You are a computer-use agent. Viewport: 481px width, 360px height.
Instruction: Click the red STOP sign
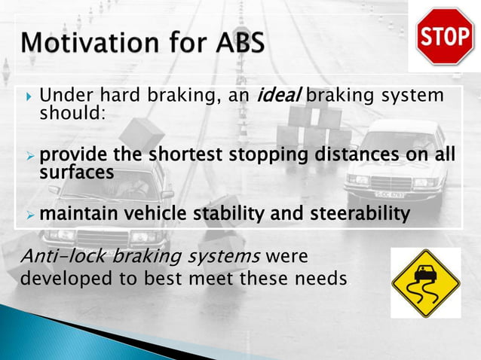(x=446, y=36)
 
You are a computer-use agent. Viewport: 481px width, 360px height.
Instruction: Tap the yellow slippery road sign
(x=425, y=283)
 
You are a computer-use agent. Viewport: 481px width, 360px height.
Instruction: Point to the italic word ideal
(x=280, y=97)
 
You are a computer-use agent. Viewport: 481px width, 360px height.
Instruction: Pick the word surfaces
(x=76, y=172)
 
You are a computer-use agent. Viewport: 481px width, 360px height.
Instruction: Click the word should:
(x=72, y=113)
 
